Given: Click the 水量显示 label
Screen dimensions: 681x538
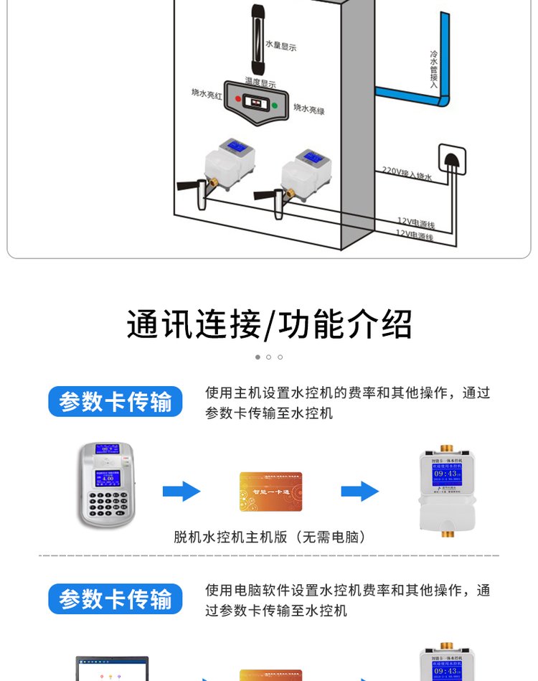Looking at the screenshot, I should [x=280, y=47].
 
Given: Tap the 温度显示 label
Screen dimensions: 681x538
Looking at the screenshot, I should [x=260, y=84].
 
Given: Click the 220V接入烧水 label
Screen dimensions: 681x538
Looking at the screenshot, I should [x=406, y=172].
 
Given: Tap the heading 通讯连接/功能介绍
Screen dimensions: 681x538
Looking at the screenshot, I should [x=269, y=324].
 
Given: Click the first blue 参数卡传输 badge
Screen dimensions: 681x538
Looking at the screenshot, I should [x=115, y=402].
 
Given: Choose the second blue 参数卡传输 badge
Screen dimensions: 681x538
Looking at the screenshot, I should [x=115, y=598].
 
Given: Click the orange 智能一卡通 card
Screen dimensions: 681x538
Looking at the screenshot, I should [x=270, y=491].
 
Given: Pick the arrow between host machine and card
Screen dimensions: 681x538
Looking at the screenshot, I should [x=181, y=492].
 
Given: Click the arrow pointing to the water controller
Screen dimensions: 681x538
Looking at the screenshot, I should [x=359, y=492].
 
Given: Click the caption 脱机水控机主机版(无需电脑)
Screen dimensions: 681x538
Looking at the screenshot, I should [x=270, y=537].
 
